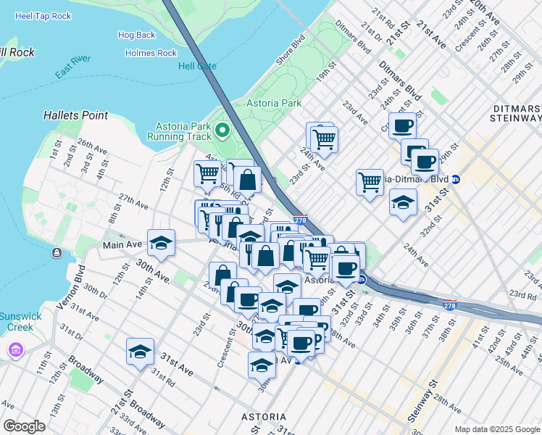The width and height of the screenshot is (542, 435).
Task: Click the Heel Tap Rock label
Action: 43,15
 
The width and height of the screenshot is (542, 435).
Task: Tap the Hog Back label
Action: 136,35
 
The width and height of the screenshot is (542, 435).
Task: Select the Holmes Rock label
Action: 151,53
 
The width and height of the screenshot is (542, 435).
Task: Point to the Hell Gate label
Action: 197,66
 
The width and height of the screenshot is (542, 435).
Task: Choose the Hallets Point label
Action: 75,115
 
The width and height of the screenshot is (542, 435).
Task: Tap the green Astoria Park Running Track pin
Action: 222,131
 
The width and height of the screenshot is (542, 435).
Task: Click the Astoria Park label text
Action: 274,103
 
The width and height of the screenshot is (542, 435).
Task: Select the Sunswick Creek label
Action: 16,322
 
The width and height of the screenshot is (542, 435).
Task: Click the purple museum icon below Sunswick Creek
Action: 14,351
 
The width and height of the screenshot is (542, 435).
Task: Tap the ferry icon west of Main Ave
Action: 57,253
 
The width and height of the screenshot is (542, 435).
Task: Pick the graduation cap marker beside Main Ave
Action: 161,243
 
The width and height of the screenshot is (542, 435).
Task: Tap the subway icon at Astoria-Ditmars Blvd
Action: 456,179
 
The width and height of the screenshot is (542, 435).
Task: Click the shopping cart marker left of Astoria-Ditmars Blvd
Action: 370,181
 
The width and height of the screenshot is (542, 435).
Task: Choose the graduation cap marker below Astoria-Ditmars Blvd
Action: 403,202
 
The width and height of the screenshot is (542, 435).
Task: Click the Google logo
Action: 24,426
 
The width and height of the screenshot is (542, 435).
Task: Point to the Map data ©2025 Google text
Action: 496,429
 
